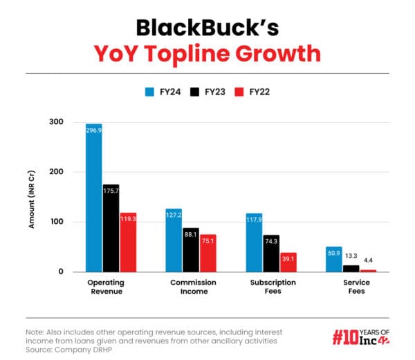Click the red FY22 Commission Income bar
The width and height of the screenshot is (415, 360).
click(207, 253)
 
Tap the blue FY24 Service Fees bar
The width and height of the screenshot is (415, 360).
click(333, 259)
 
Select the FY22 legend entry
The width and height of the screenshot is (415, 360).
click(253, 91)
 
